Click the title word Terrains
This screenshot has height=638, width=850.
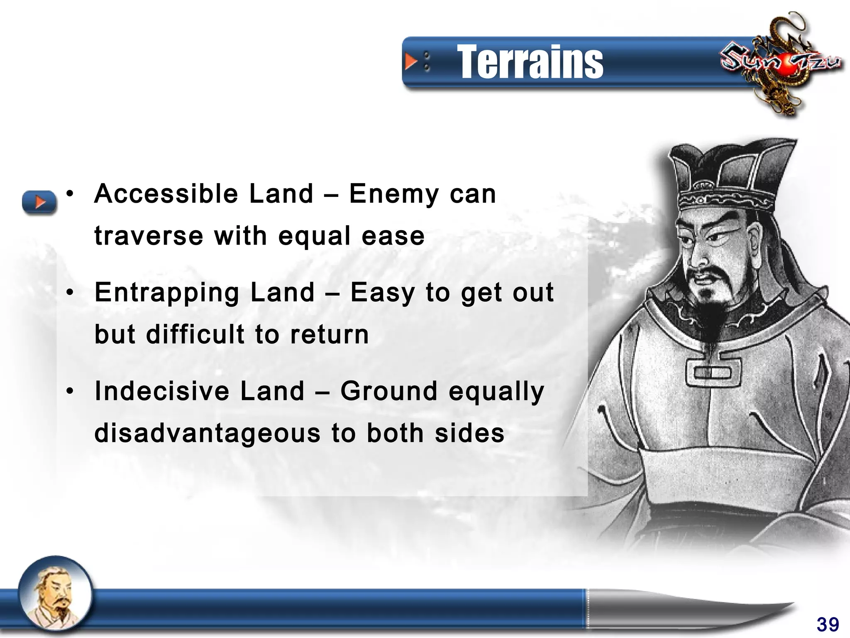click(x=530, y=62)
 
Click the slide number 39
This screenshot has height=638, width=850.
click(x=828, y=624)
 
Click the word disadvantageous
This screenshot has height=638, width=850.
click(x=208, y=433)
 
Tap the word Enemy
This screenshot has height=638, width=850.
click(x=394, y=195)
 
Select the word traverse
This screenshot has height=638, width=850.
click(x=149, y=236)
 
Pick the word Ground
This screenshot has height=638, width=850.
click(x=389, y=391)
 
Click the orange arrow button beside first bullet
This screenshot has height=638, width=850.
click(x=39, y=202)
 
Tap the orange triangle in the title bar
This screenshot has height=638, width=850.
click(x=411, y=61)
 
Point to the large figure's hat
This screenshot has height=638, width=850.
click(x=730, y=174)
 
